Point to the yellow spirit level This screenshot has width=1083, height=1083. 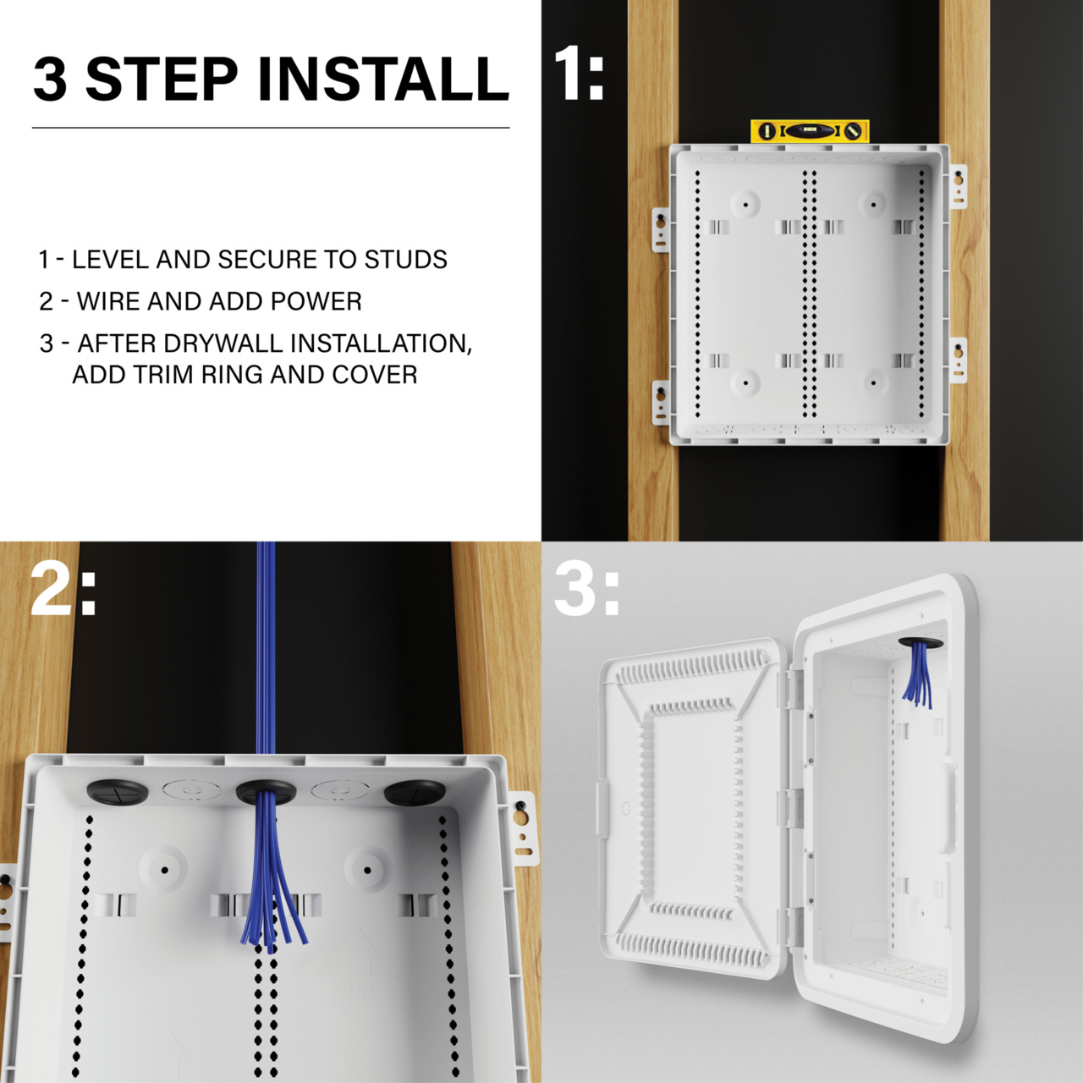810,131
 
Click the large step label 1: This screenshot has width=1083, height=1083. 579,74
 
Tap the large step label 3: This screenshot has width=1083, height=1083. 586,590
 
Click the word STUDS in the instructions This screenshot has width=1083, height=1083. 405,260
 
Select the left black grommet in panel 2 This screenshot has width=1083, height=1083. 118,793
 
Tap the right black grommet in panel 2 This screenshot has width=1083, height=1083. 415,793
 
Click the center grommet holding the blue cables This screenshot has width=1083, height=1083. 266,793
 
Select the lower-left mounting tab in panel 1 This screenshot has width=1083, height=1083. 661,402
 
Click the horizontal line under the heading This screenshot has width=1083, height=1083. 271,128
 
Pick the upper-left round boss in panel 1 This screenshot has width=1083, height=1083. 745,204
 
